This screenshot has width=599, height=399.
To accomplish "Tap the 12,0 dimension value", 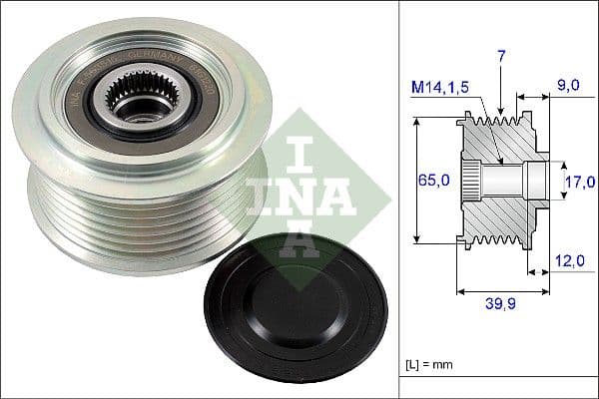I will point(571,261).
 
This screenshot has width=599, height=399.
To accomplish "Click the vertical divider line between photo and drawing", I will point(398,199).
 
